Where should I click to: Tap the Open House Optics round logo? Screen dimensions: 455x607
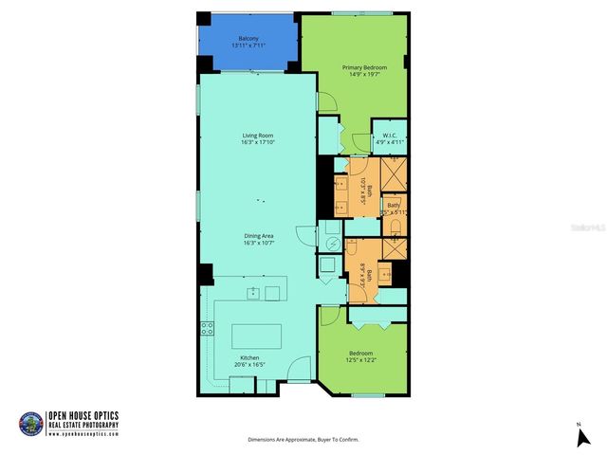point(30,424)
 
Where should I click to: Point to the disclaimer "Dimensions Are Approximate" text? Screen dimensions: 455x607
point(303,440)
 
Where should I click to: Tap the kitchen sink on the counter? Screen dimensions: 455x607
point(254,292)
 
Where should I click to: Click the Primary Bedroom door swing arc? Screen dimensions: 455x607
point(326,102)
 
